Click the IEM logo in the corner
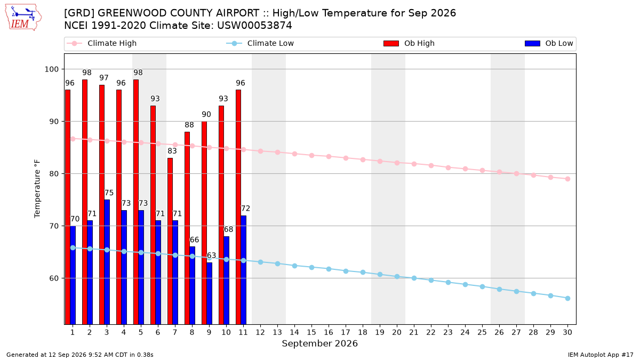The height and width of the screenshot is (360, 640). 23,18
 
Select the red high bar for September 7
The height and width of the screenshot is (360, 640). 170,241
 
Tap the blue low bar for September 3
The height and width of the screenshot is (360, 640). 107,262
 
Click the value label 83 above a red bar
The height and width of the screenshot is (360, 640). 172,151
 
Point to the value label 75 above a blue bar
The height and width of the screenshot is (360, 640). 109,193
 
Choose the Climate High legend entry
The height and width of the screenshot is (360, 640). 102,43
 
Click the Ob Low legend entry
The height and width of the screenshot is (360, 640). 549,43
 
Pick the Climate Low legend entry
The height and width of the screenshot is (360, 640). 260,43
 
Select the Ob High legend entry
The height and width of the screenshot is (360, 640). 409,43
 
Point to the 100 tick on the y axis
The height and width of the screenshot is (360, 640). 51,69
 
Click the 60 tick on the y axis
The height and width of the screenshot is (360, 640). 54,278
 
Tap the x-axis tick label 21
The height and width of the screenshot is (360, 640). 414,332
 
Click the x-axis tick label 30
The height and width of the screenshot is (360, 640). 567,332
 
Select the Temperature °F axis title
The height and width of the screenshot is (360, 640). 37,189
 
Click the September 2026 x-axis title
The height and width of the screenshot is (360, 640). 319,343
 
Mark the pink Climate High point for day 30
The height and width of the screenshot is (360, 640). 567,179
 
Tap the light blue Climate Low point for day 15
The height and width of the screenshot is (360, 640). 311,267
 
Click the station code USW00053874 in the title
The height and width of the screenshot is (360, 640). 254,26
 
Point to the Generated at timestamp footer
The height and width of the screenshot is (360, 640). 79,355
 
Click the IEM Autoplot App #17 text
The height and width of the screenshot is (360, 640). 601,355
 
